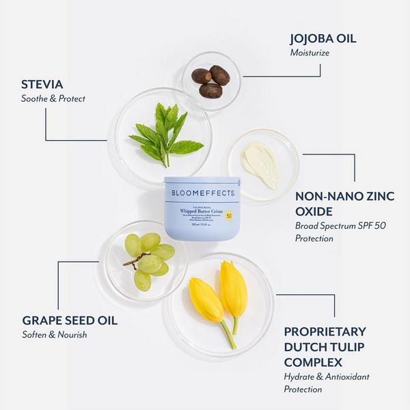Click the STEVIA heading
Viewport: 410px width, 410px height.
[x=42, y=84]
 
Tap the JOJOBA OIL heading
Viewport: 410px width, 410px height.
[x=323, y=38]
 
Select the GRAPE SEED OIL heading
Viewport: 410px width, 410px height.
[x=70, y=320]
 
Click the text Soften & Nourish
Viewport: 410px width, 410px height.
[x=55, y=335]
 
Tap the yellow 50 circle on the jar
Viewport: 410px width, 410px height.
[x=229, y=216]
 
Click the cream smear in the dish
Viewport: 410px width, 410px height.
[x=261, y=163]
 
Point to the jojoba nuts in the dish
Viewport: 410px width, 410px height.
[x=210, y=81]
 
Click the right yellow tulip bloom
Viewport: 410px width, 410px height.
[x=234, y=289]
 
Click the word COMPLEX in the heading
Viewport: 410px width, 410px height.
[x=313, y=361]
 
